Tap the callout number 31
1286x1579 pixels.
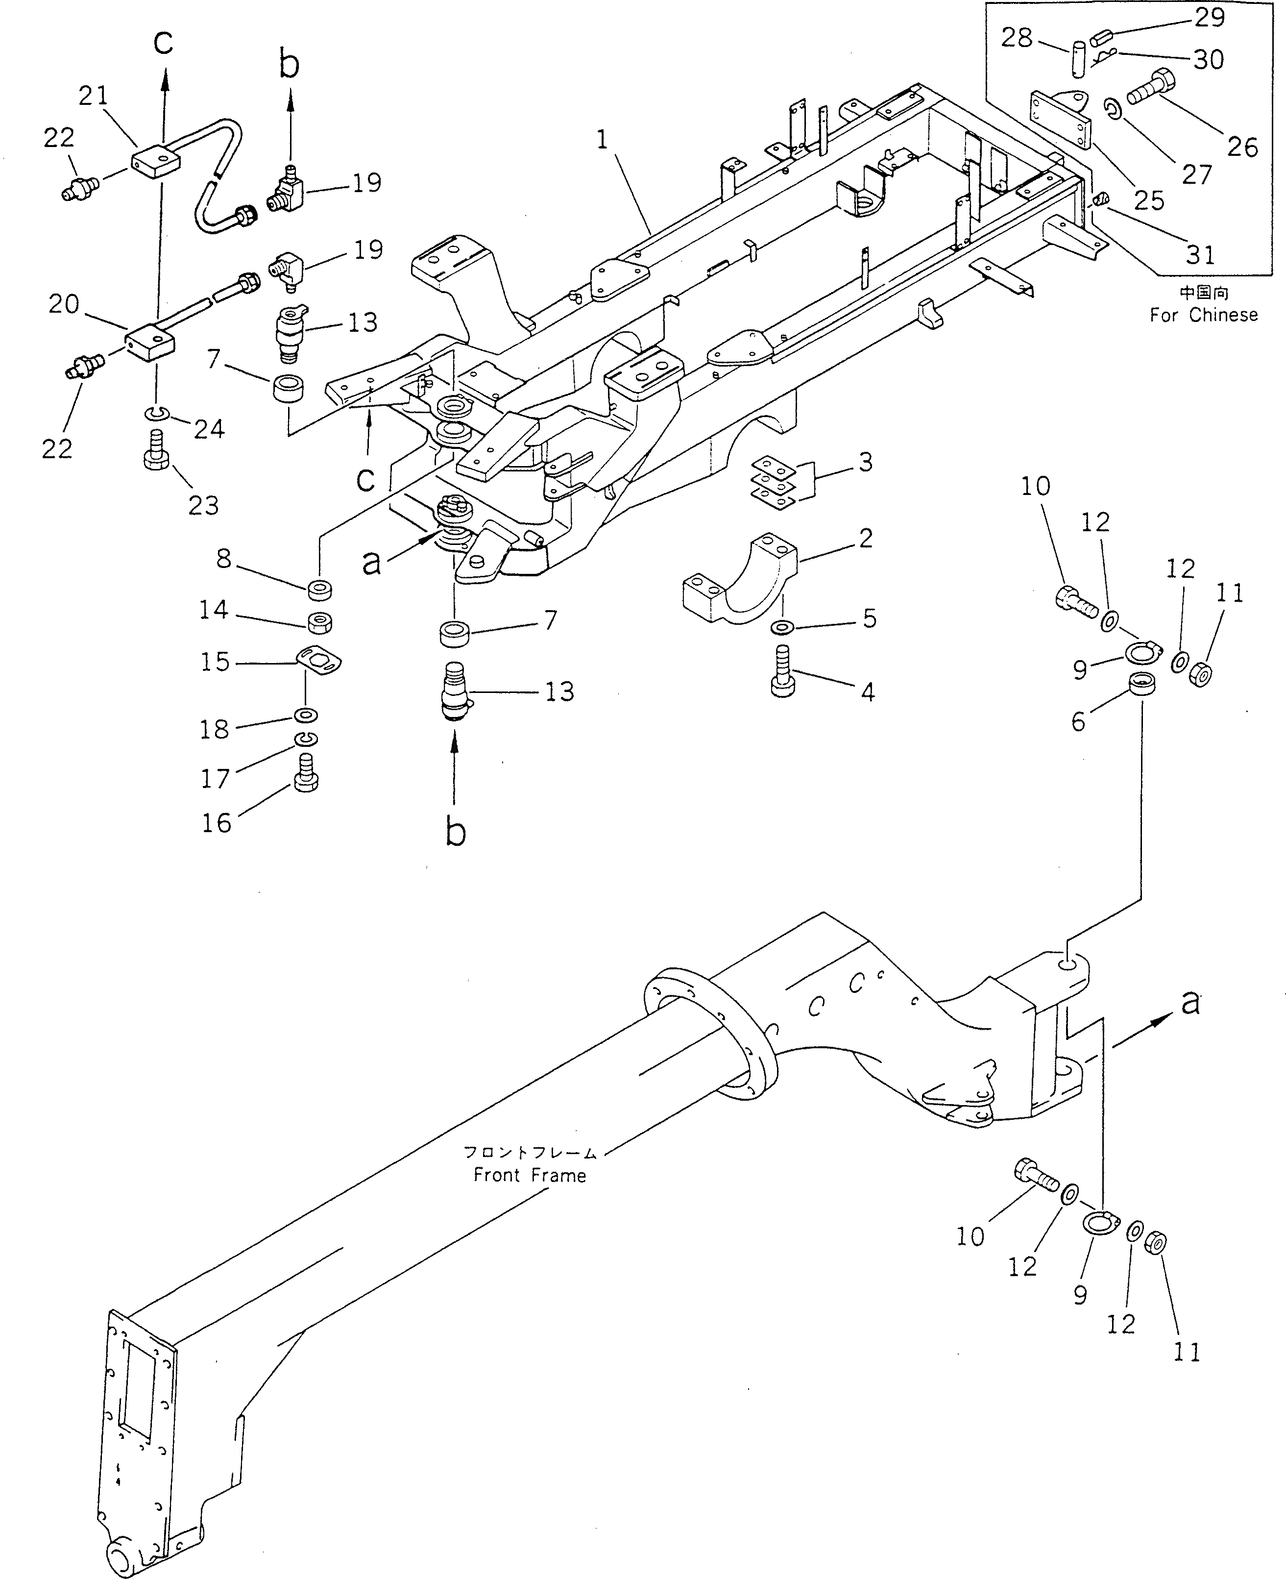pyautogui.click(x=1200, y=255)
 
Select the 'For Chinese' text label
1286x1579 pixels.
pyautogui.click(x=1203, y=315)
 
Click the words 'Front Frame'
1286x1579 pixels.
pyautogui.click(x=530, y=1175)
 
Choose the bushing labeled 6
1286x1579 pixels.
pyautogui.click(x=1143, y=683)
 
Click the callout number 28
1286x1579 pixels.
pyautogui.click(x=1017, y=37)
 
